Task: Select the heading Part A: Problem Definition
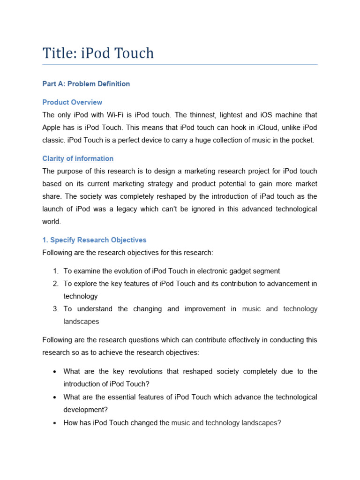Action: click(86, 84)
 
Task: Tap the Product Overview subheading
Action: click(72, 102)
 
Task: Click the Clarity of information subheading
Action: click(78, 158)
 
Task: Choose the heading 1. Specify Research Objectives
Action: click(94, 240)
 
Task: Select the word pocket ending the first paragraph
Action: click(299, 140)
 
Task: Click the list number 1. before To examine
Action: click(56, 271)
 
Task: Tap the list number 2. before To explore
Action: click(56, 284)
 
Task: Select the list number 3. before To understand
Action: click(56, 309)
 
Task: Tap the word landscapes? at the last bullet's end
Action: click(261, 423)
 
